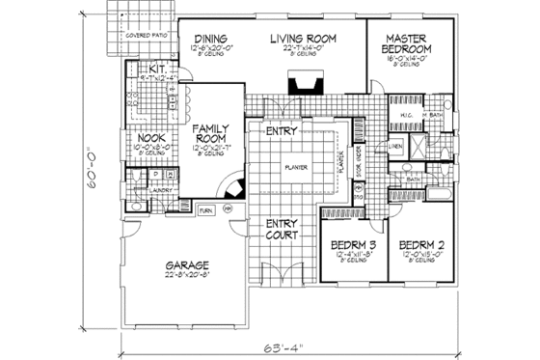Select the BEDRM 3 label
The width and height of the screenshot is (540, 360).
tap(348, 245)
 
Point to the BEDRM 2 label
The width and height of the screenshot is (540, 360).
tap(421, 245)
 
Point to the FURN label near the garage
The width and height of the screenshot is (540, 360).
tap(204, 209)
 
